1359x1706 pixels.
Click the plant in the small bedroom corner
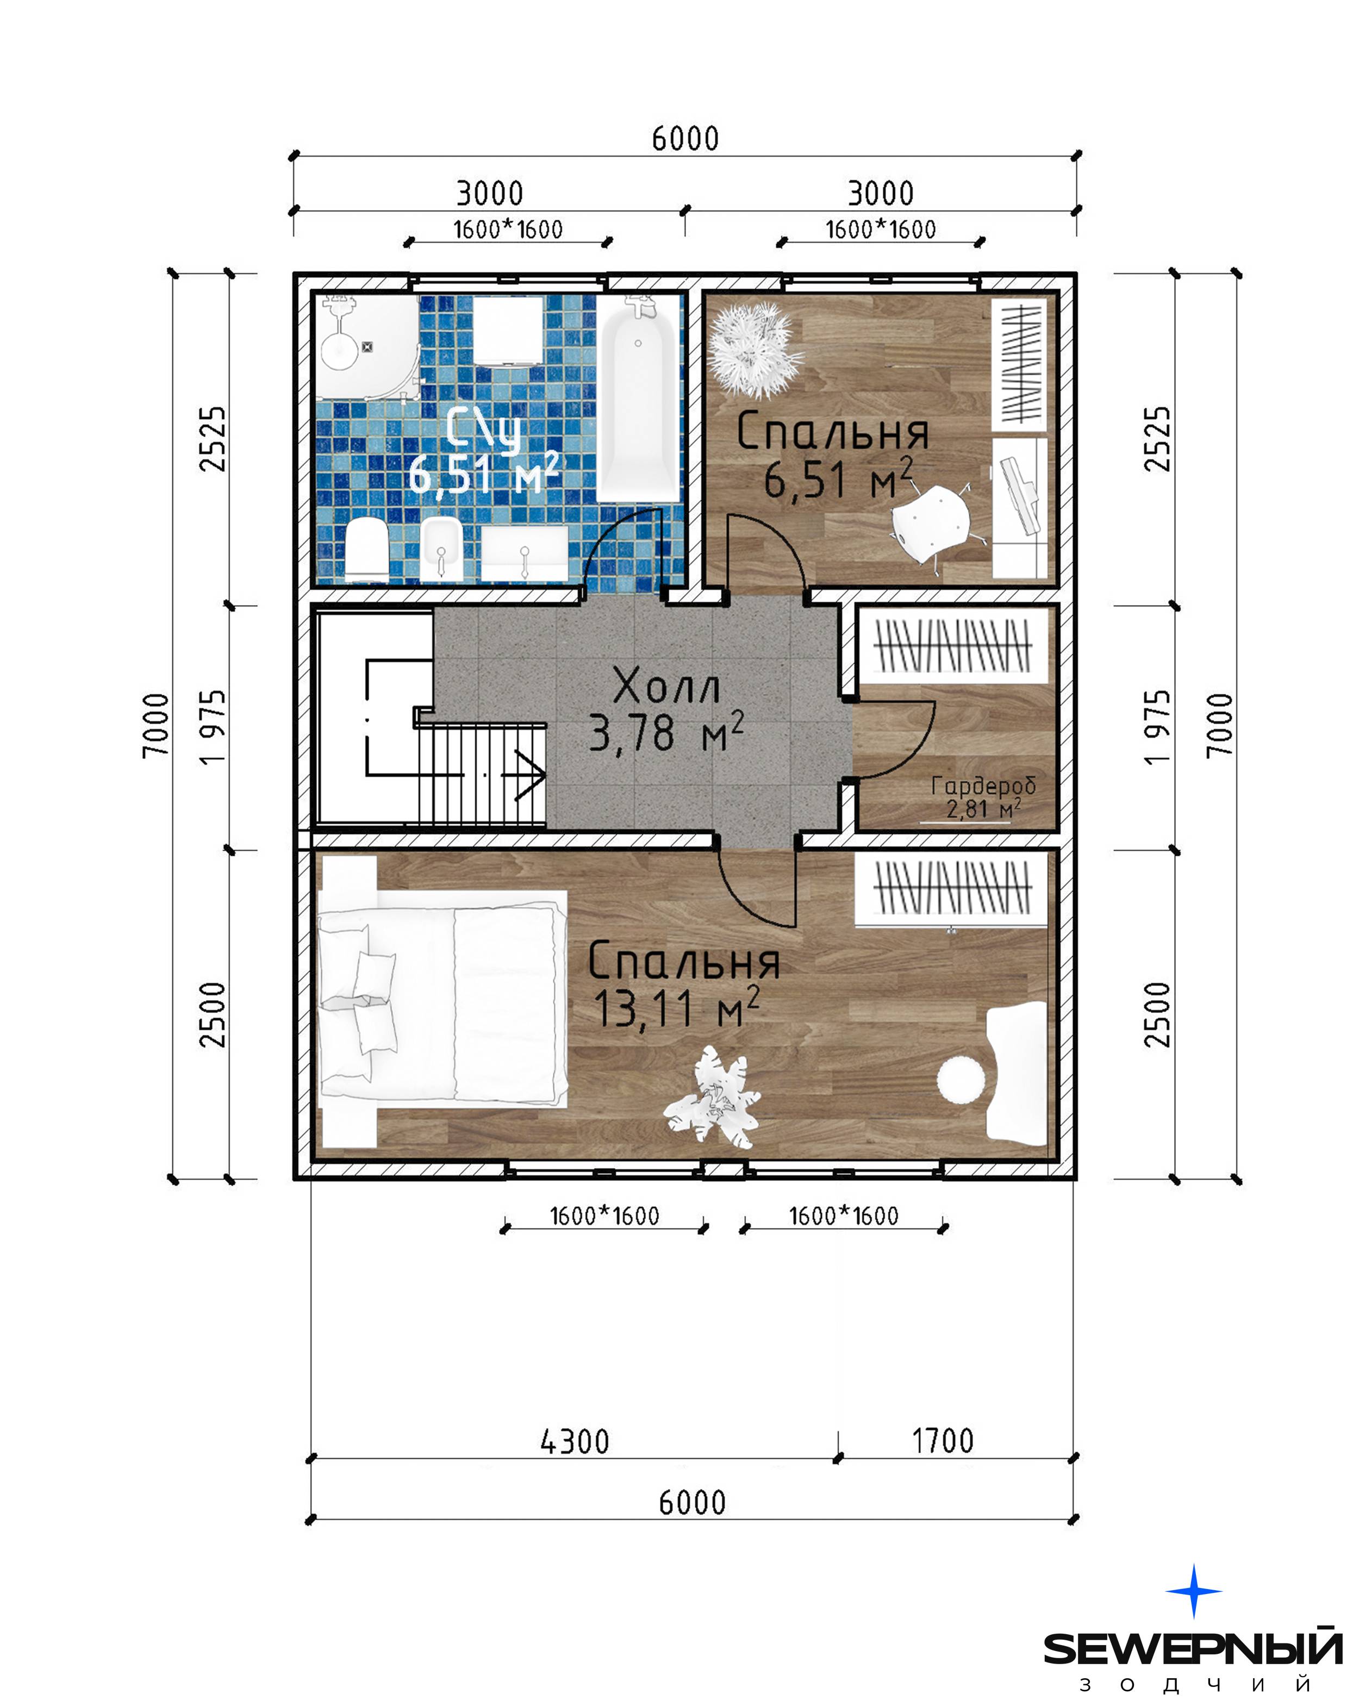[749, 349]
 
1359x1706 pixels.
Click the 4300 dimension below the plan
[575, 1442]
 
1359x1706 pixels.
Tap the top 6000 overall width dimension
[685, 139]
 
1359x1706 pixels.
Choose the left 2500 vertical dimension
[212, 1015]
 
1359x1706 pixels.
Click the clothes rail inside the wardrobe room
[953, 646]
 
